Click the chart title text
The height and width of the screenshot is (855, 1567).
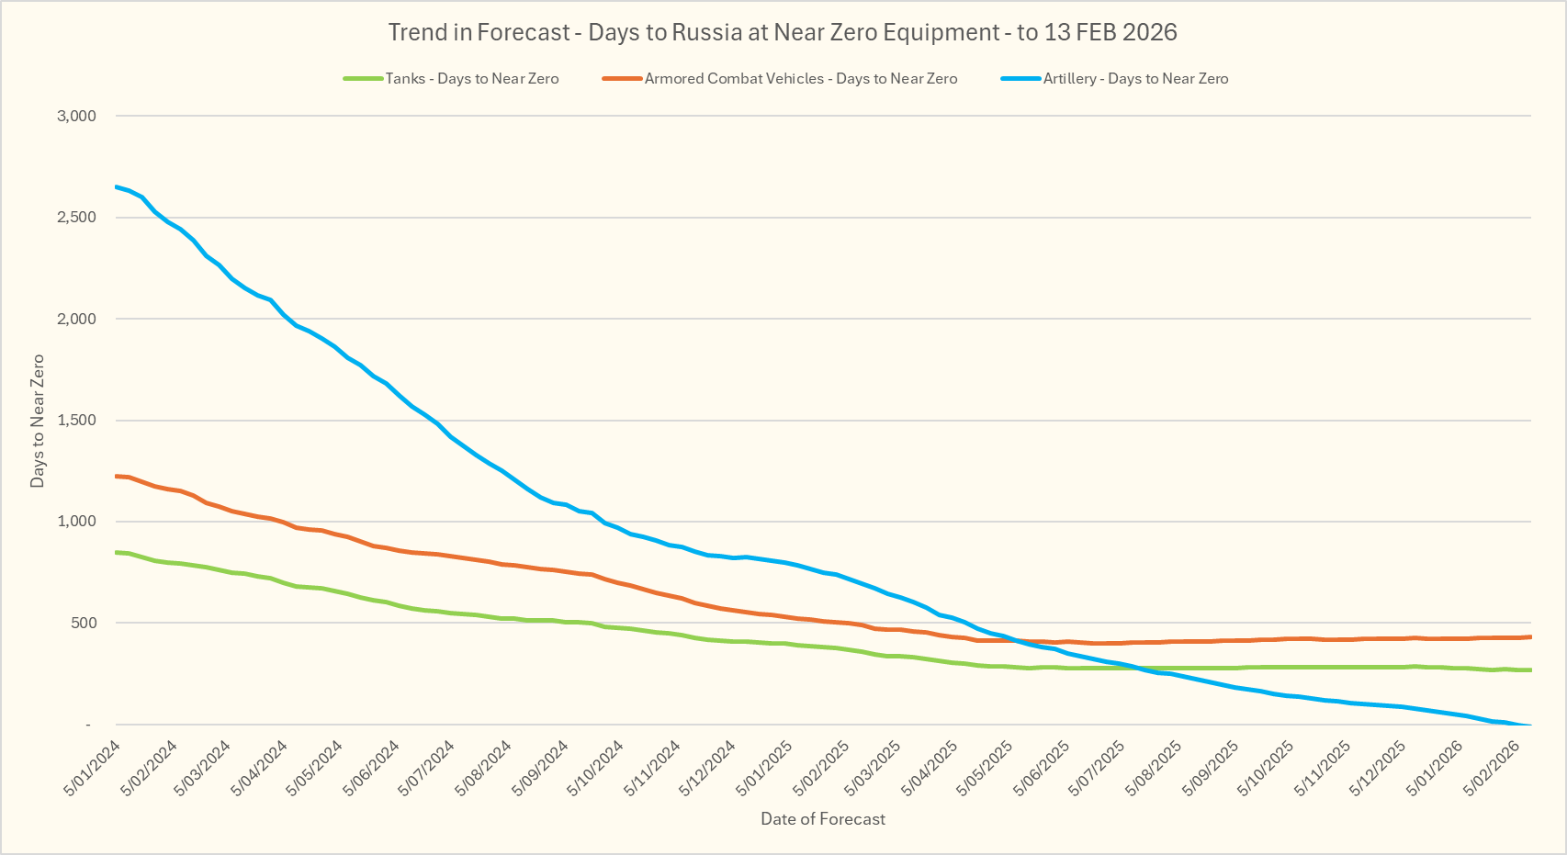[783, 32]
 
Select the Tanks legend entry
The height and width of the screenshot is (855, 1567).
[471, 79]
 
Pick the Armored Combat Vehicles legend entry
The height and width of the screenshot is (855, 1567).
[800, 79]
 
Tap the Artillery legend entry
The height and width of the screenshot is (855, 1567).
[1135, 79]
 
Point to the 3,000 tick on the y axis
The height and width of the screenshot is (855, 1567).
[76, 116]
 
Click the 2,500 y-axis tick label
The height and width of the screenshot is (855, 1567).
[76, 218]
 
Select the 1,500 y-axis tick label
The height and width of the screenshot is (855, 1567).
[76, 421]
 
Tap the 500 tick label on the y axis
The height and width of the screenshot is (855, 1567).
[83, 624]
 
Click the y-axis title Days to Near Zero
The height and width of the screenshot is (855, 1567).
[38, 421]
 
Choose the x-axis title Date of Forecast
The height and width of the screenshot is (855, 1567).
[823, 819]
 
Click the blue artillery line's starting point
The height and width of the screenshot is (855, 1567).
[116, 187]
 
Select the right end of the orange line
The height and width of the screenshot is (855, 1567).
[1530, 636]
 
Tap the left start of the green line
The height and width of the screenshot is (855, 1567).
[116, 552]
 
